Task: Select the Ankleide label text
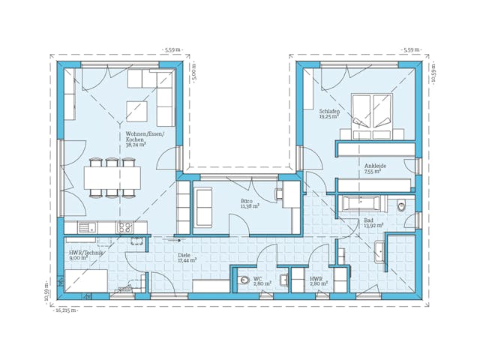point(374,166)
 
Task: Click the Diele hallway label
point(184,255)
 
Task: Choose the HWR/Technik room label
point(85,253)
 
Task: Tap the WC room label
point(257,278)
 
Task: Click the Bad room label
point(368,219)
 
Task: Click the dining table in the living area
point(112,178)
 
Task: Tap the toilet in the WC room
point(243,280)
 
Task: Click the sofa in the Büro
point(204,206)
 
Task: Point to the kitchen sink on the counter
point(85,226)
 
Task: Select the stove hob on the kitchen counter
point(124,226)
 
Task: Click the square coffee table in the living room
point(136,111)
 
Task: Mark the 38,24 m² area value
point(136,145)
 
